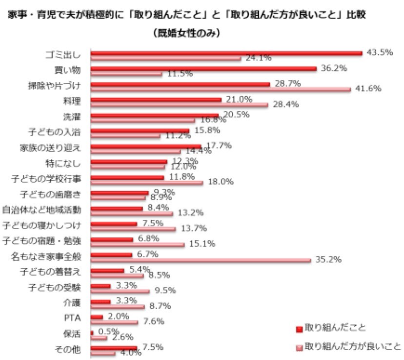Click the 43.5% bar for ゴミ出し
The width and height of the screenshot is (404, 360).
click(227, 53)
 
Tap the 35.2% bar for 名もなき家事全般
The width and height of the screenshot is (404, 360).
click(201, 260)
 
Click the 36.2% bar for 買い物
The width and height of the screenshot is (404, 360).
click(204, 69)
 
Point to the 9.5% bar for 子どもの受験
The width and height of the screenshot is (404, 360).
click(121, 291)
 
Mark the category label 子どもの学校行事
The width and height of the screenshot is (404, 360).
click(49, 179)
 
